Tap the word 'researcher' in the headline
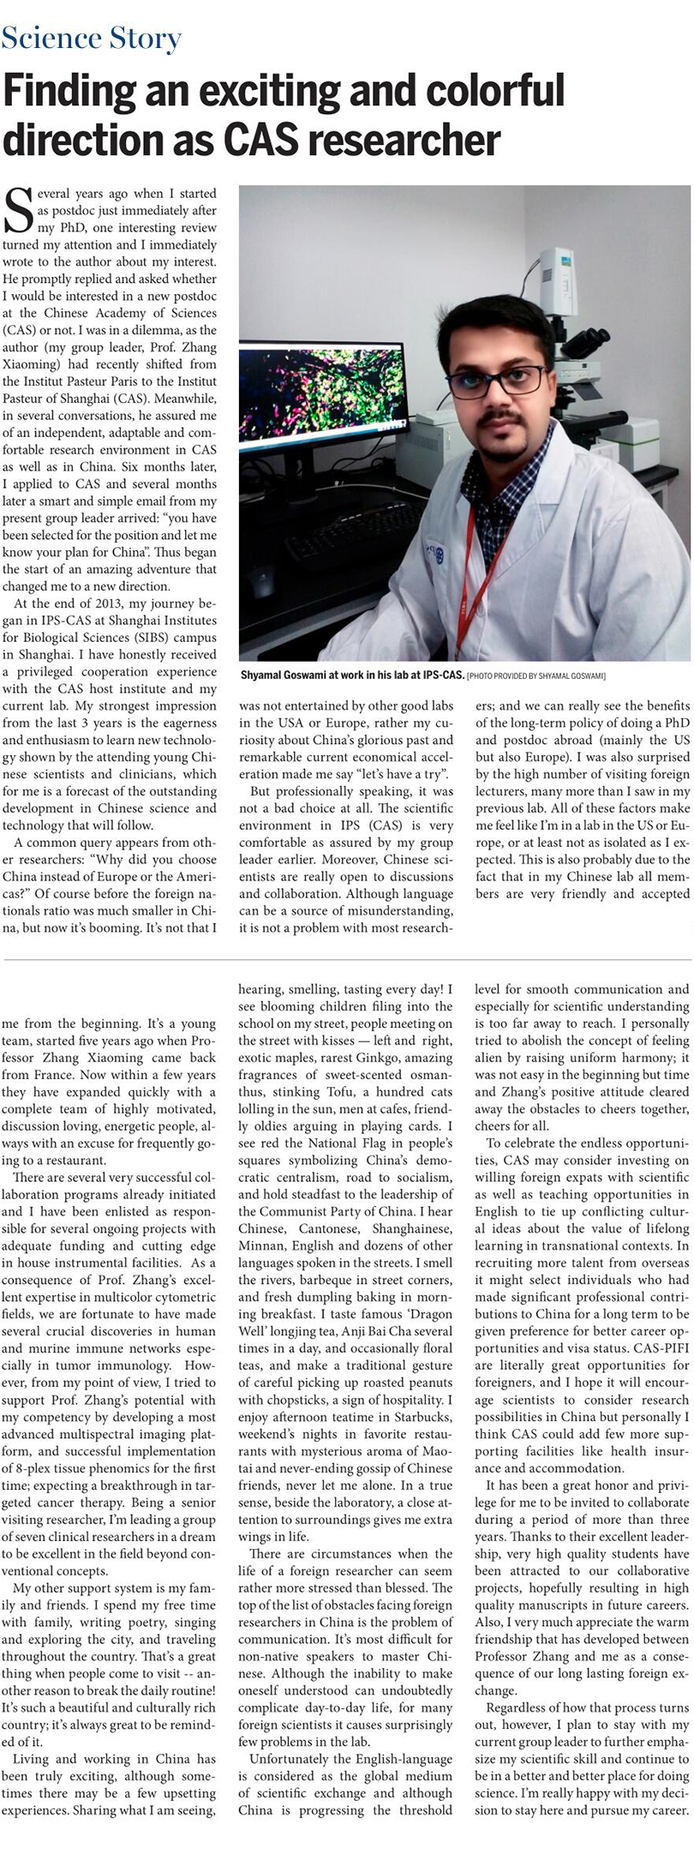point(404,140)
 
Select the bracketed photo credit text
point(536,676)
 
